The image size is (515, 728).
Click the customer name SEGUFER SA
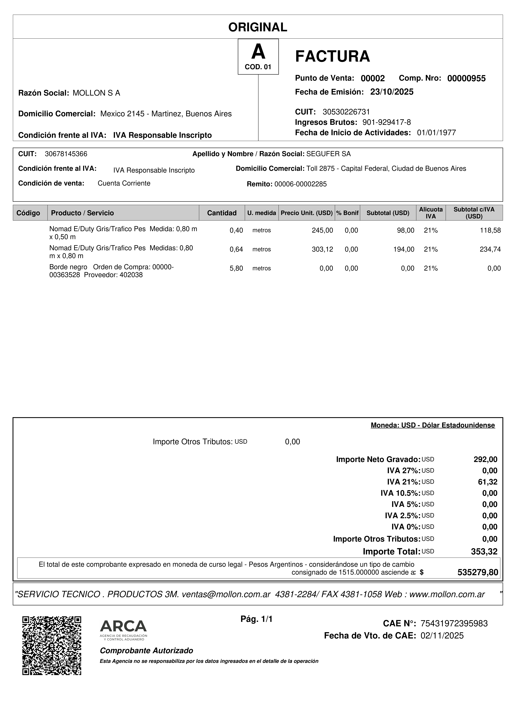point(328,154)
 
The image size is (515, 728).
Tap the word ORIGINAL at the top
point(258,27)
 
